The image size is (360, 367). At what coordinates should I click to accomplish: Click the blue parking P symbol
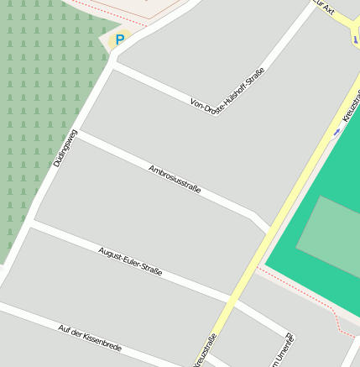pos(120,39)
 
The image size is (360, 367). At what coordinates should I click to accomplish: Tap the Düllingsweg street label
pos(65,149)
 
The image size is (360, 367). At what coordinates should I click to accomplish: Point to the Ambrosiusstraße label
pos(175,180)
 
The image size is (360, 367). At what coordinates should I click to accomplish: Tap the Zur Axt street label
pos(324,7)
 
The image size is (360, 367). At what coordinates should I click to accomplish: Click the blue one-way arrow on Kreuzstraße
pos(337,132)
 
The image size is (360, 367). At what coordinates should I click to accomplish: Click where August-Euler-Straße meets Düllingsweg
pos(32,224)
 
